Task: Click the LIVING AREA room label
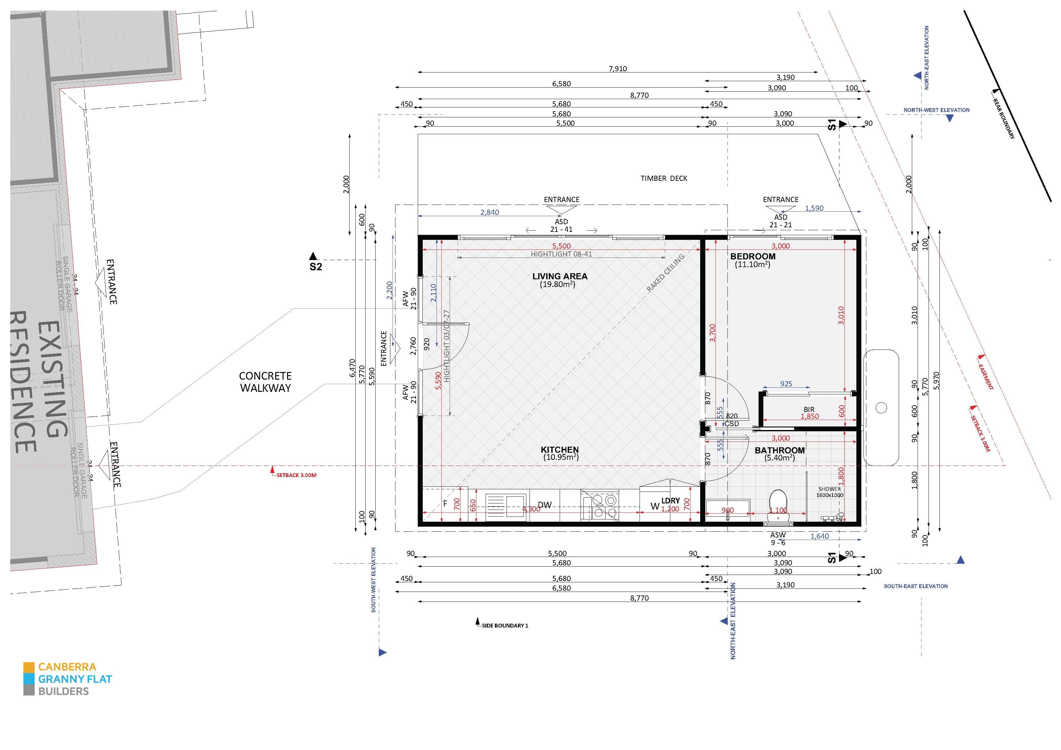[560, 276]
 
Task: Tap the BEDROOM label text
[753, 257]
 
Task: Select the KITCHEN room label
[560, 450]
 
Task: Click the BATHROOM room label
[780, 450]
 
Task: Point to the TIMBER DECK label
[664, 178]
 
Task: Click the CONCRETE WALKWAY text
[265, 382]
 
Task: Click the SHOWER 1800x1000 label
[829, 492]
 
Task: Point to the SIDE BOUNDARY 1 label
[504, 625]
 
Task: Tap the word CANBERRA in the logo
[67, 667]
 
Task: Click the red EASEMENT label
[986, 377]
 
